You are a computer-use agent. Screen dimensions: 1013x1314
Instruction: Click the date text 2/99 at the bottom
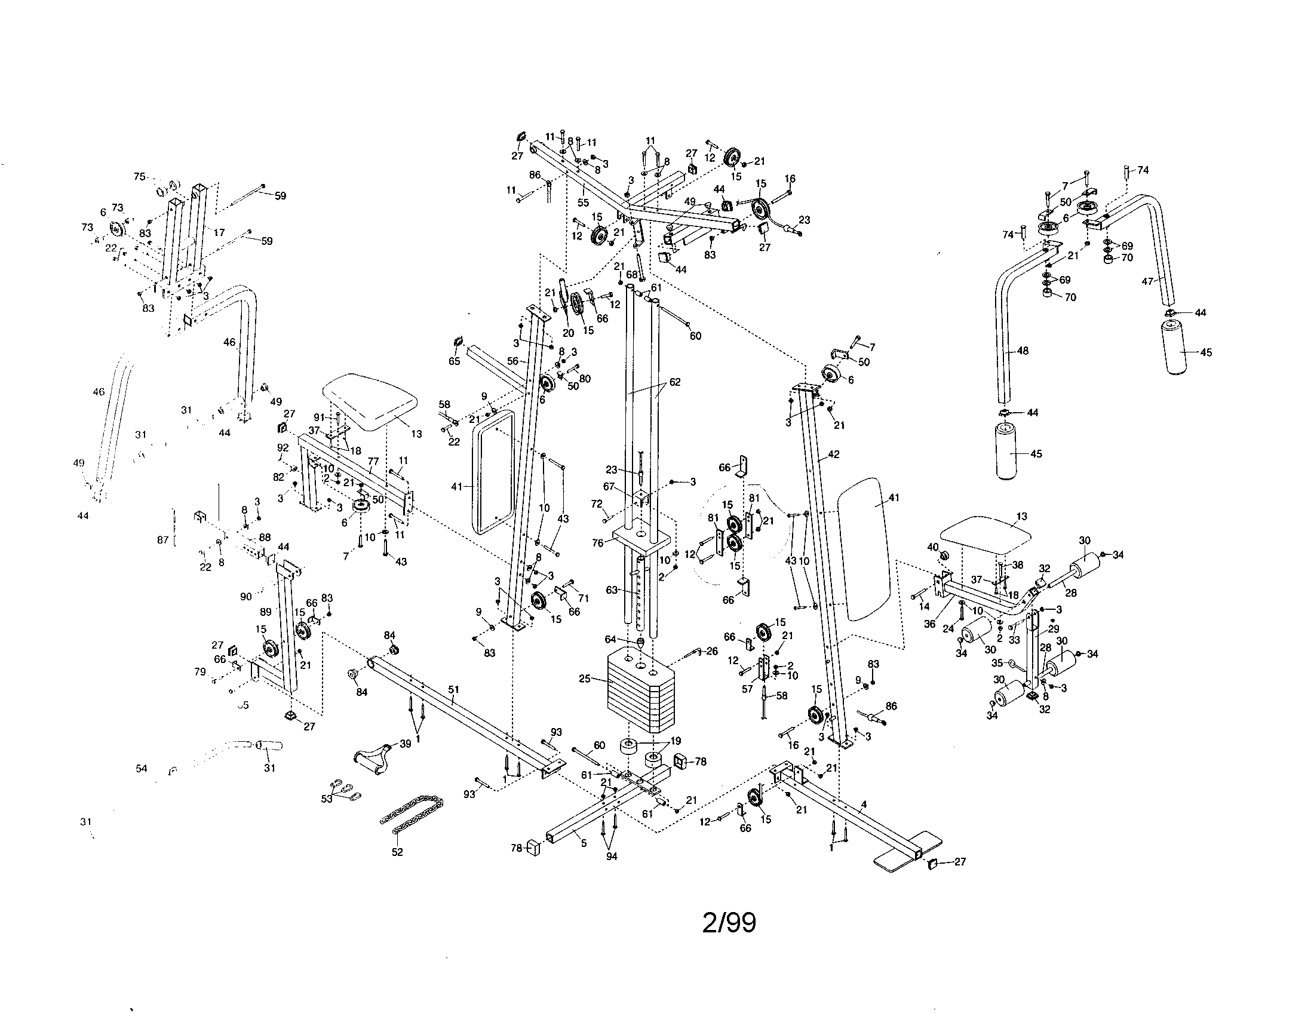click(729, 923)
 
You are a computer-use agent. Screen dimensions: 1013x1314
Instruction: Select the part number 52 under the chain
click(397, 852)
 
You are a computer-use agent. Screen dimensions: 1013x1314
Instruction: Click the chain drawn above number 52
click(413, 814)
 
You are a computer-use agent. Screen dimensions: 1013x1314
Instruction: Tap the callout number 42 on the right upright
click(833, 455)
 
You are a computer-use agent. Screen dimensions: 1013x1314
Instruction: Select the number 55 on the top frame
click(583, 202)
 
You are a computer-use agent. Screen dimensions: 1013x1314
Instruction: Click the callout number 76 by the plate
click(597, 542)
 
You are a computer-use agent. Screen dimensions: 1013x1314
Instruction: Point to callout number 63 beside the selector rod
click(612, 590)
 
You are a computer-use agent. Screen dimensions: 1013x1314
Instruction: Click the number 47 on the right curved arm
click(1148, 281)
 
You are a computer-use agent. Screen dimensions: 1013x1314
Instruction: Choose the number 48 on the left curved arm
click(1022, 351)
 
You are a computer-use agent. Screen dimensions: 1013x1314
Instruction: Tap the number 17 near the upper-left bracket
click(219, 232)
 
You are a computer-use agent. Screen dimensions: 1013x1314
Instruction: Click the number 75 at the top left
click(140, 176)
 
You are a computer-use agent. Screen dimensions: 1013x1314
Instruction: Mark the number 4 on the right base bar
click(864, 805)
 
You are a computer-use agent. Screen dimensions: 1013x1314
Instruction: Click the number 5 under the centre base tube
click(583, 843)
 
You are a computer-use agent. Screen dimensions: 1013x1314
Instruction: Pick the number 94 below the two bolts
click(612, 857)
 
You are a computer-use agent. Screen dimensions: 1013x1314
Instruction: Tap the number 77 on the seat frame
click(373, 462)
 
